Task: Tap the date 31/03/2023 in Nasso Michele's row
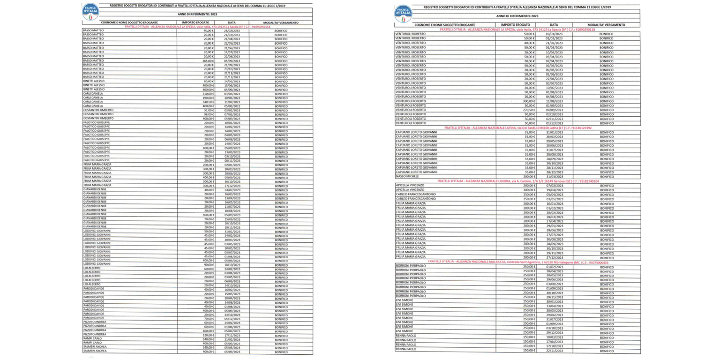[x=554, y=176]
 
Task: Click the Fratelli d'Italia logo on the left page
[x=90, y=12]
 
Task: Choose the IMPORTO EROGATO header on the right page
[x=516, y=24]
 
